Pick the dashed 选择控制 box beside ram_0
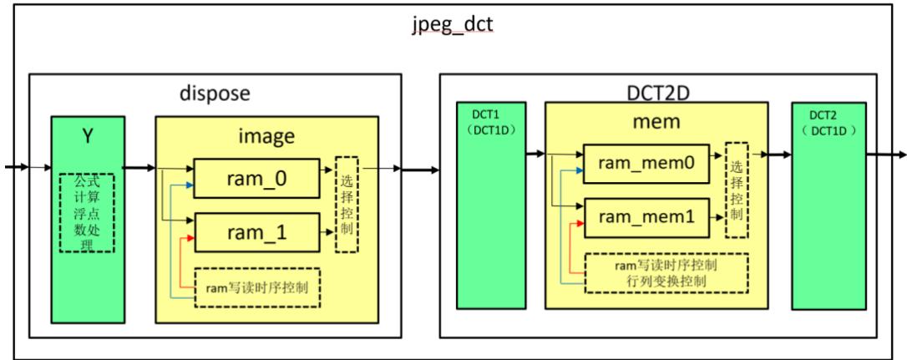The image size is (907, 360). pos(347,203)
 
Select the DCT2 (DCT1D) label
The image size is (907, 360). pos(830,124)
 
